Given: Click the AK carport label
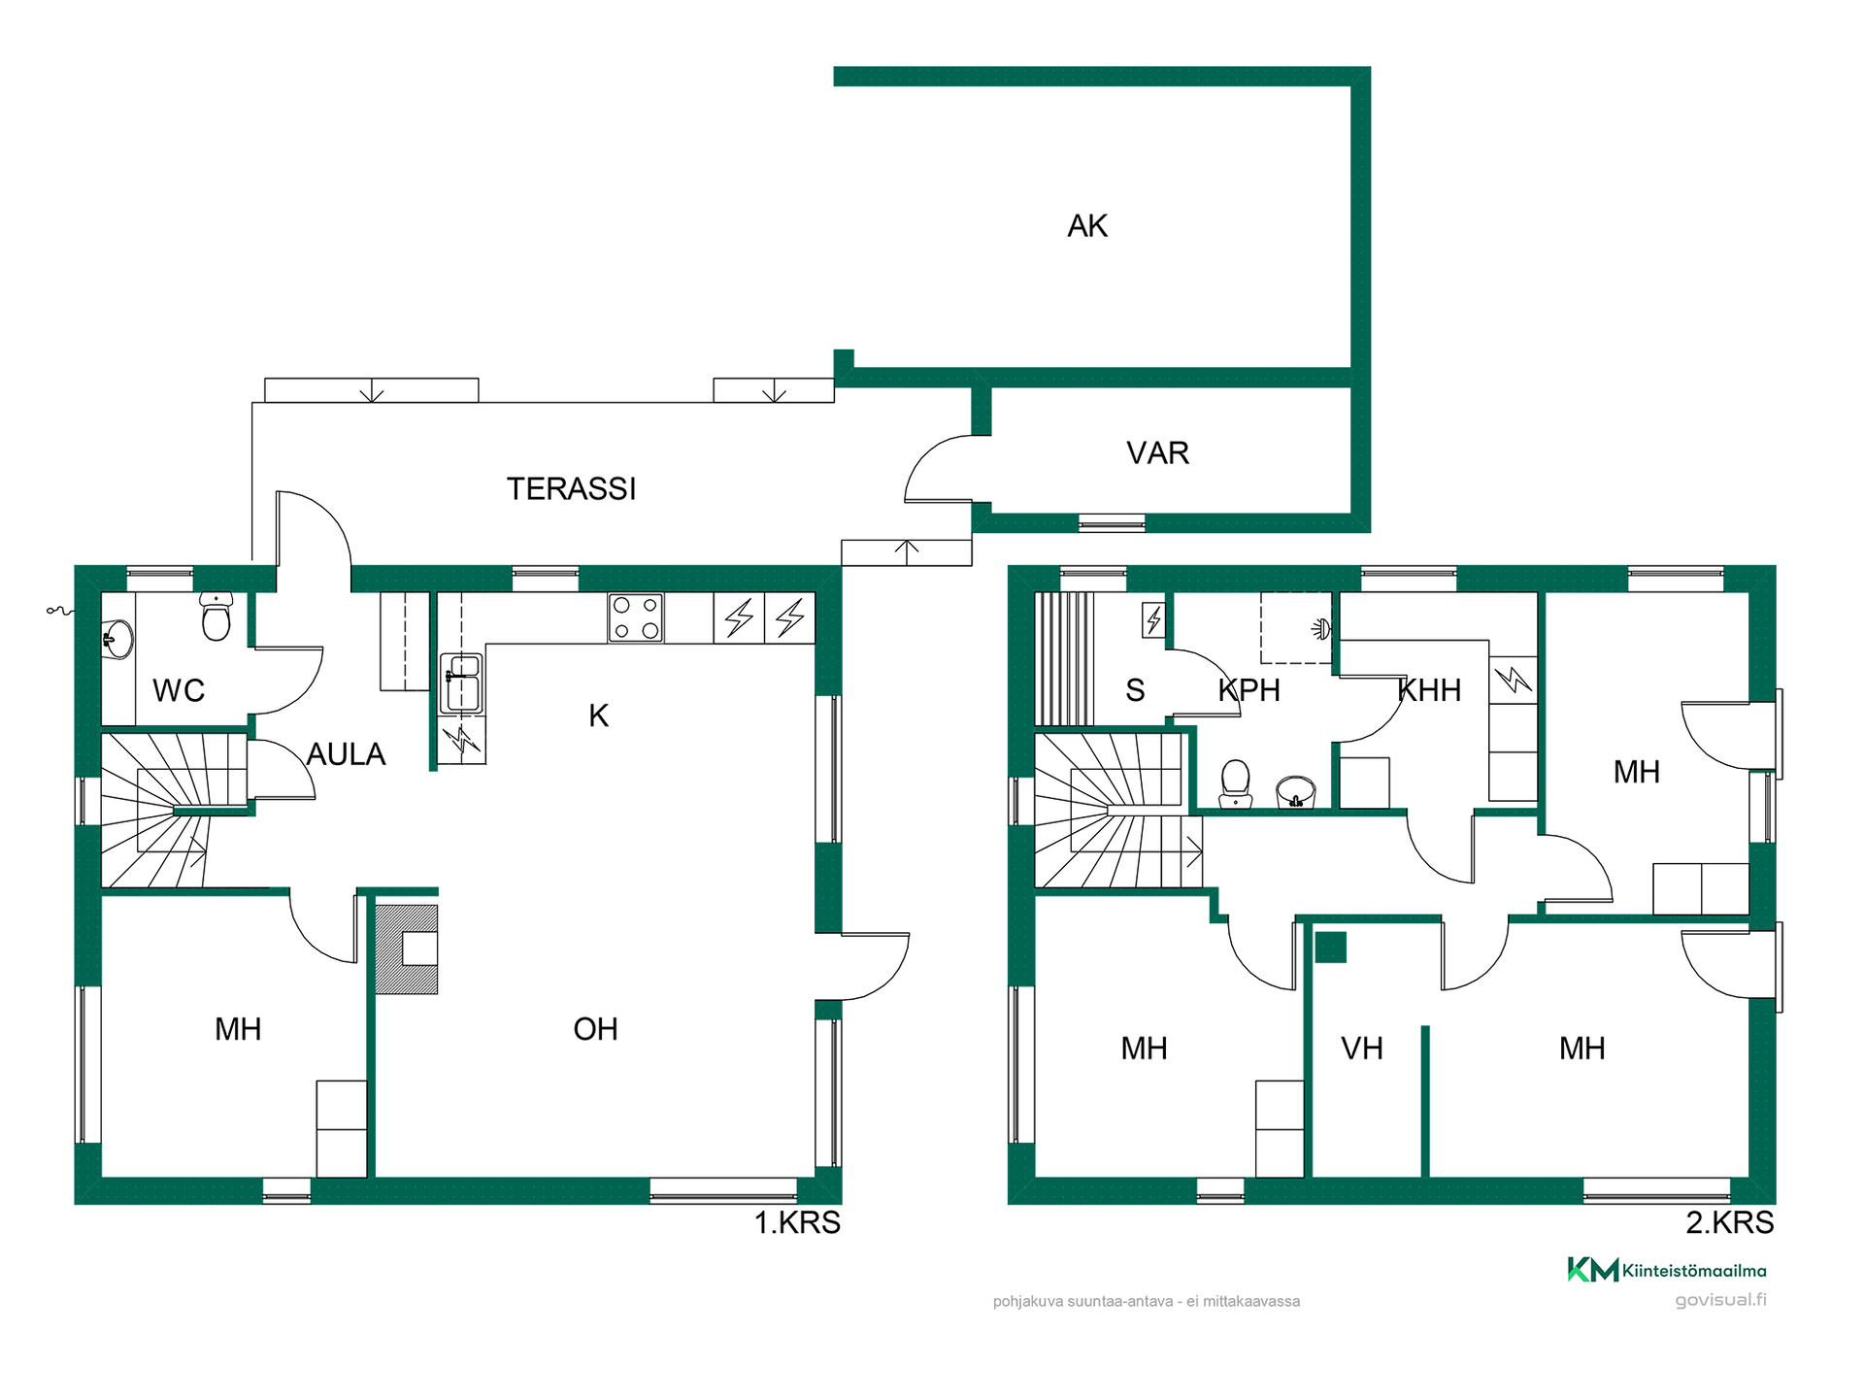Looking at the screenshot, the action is point(1087,226).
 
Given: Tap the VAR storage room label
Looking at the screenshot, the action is point(1157,453).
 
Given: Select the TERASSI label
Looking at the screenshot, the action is point(571,488).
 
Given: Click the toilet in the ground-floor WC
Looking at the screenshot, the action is point(216,616).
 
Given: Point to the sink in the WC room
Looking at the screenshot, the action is point(118,640).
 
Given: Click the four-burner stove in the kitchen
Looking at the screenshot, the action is point(636,617).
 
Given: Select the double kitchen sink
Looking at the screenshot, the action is point(461,682).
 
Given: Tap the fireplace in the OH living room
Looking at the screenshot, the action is point(407,949).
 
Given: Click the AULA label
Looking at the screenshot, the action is point(346,754).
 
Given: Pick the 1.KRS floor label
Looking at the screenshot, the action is point(797,1222).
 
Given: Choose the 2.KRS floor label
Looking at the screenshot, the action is point(1729,1222).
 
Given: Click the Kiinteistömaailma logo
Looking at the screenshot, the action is point(1667,1270).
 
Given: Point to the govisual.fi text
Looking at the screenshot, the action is point(1720,1300).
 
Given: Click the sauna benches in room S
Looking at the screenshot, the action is point(1064,658).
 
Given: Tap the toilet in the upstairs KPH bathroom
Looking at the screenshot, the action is point(1235,782).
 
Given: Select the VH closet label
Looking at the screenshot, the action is point(1361,1048).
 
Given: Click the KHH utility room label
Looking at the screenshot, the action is point(1429,690).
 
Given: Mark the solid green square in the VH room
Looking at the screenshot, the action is point(1331,947).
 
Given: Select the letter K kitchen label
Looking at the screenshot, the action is point(599,716).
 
